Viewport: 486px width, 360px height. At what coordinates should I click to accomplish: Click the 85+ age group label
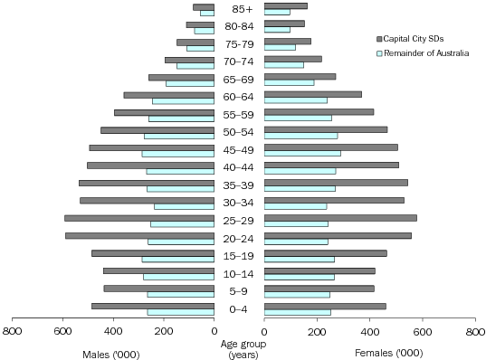[239, 9]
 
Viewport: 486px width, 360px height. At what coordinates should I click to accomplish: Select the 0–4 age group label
[239, 309]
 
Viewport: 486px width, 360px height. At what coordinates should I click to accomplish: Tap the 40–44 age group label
[239, 167]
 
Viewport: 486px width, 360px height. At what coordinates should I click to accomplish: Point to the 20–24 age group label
[239, 238]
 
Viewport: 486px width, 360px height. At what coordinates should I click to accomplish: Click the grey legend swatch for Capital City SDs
[379, 38]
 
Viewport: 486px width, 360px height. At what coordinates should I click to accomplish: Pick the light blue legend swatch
[379, 54]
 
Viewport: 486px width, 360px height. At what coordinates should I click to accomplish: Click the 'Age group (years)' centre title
[239, 348]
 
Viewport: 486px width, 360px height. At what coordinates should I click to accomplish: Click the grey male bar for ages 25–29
[138, 218]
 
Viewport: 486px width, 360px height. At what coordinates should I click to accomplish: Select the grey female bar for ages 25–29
[340, 218]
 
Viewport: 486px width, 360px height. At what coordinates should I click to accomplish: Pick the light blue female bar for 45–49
[302, 153]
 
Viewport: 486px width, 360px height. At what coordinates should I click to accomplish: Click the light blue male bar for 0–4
[180, 312]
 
